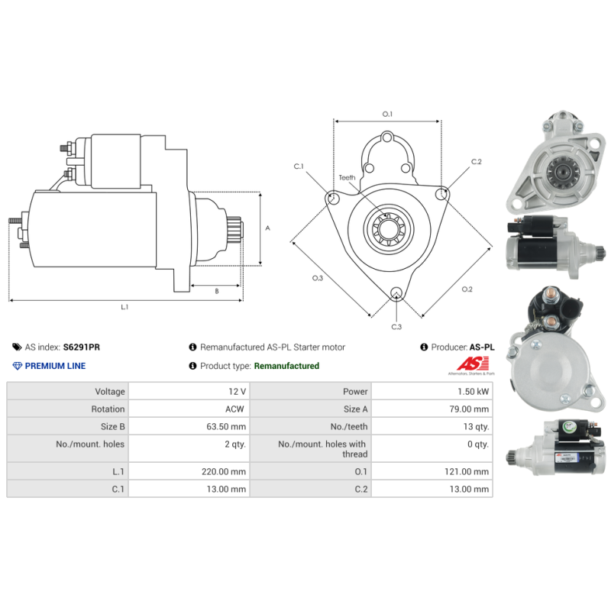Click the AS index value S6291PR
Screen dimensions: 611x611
click(82, 347)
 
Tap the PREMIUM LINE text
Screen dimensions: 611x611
click(55, 366)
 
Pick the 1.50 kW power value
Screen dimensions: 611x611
click(473, 391)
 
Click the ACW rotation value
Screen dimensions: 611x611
click(234, 409)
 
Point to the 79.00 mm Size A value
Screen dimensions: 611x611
click(469, 409)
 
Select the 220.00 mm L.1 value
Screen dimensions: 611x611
click(224, 471)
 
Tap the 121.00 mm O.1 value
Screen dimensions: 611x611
click(467, 471)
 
